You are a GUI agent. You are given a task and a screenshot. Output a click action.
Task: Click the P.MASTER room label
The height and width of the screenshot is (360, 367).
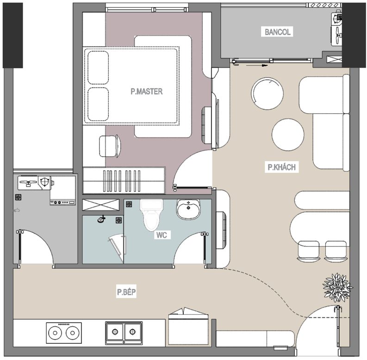coord(146,92)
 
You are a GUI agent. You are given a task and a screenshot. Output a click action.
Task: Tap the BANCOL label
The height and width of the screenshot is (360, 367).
coord(277,32)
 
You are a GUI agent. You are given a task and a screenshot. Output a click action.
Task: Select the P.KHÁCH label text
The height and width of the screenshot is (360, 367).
coord(281,167)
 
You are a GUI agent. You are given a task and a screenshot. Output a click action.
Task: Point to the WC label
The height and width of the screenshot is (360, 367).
coord(161,235)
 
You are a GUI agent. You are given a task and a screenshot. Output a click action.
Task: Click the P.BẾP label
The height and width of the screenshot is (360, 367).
coord(126,292)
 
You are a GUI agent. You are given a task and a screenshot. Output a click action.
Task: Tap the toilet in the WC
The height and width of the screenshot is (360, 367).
coord(151,215)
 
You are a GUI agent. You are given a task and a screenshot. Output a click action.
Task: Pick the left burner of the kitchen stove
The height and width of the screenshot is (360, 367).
coord(55,333)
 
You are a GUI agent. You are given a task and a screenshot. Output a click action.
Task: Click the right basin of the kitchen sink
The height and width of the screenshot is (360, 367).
coord(132,332)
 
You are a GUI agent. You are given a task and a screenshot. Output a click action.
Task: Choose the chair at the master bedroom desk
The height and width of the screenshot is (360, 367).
coord(111,146)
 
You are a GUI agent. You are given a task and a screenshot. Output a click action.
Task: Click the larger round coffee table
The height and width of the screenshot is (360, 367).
coord(267,92)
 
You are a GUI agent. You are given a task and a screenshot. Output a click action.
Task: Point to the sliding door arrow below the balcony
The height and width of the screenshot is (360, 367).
coord(257,65)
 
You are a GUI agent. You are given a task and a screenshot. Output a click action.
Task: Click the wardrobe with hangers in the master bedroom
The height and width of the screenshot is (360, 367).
coord(124,180)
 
